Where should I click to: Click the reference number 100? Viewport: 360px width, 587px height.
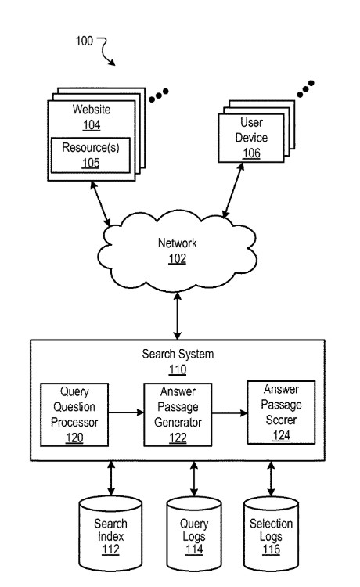(85, 41)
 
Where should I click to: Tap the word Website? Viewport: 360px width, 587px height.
(92, 110)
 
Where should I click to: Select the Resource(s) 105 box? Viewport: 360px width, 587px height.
(91, 156)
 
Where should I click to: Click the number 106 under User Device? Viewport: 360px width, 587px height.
(251, 153)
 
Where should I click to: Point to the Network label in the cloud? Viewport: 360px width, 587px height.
(178, 243)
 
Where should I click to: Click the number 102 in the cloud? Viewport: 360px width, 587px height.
(178, 259)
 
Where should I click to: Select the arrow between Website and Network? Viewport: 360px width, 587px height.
(100, 203)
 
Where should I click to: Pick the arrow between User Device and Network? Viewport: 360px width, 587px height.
(233, 190)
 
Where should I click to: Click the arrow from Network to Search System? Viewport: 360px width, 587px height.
(178, 316)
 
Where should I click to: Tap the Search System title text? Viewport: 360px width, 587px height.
(178, 354)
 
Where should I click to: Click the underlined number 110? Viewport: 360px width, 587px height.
(178, 369)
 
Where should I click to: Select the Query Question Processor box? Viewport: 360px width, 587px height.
(74, 414)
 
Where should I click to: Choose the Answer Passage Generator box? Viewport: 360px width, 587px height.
(178, 414)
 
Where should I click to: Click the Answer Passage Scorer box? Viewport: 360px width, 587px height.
(281, 412)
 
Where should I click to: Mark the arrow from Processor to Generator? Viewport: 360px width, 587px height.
(126, 412)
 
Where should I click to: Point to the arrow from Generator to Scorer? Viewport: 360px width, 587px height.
(229, 413)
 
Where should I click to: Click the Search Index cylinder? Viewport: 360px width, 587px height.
(110, 534)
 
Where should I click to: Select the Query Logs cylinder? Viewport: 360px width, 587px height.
(194, 534)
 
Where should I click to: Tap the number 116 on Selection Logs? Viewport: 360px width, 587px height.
(271, 549)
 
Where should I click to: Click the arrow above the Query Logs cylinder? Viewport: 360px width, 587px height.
(194, 479)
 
